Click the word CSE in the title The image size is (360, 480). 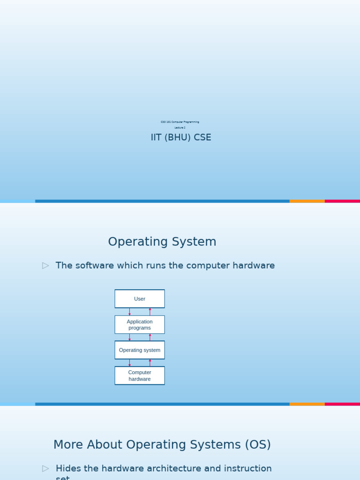pos(202,137)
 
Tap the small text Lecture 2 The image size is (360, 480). pos(180,127)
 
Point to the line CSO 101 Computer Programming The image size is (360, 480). pos(180,122)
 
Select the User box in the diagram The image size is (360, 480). pos(140,299)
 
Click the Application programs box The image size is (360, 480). pos(140,324)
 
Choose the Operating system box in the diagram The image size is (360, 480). pos(140,350)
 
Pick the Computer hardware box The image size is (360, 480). pos(140,375)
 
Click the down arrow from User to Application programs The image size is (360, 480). pos(130,312)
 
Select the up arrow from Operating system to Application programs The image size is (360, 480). pos(150,337)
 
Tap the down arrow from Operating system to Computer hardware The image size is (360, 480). pos(130,363)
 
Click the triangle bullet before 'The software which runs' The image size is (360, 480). pos(45,266)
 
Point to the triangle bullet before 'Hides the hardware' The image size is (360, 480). pos(45,468)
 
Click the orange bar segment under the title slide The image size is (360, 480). pos(307,201)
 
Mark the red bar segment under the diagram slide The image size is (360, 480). pos(342,404)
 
